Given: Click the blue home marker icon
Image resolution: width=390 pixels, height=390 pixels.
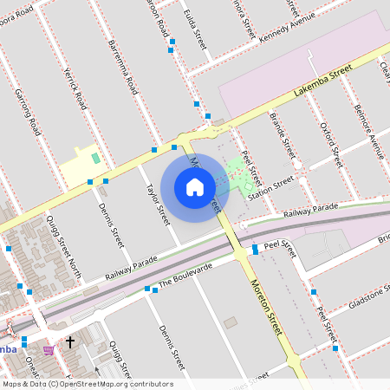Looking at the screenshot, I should tap(195, 187).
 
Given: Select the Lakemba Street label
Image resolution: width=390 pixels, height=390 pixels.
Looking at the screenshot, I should tap(322, 79).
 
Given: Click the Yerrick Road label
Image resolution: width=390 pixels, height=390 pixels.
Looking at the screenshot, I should tap(75, 88).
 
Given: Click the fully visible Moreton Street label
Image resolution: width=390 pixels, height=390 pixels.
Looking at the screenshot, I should tap(267, 307).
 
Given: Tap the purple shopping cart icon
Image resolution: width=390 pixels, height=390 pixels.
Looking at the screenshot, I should tap(49, 349).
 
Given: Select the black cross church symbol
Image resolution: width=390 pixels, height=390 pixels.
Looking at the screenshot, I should tap(70, 343).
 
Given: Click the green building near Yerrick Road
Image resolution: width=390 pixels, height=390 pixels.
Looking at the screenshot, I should tap(95, 159).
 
